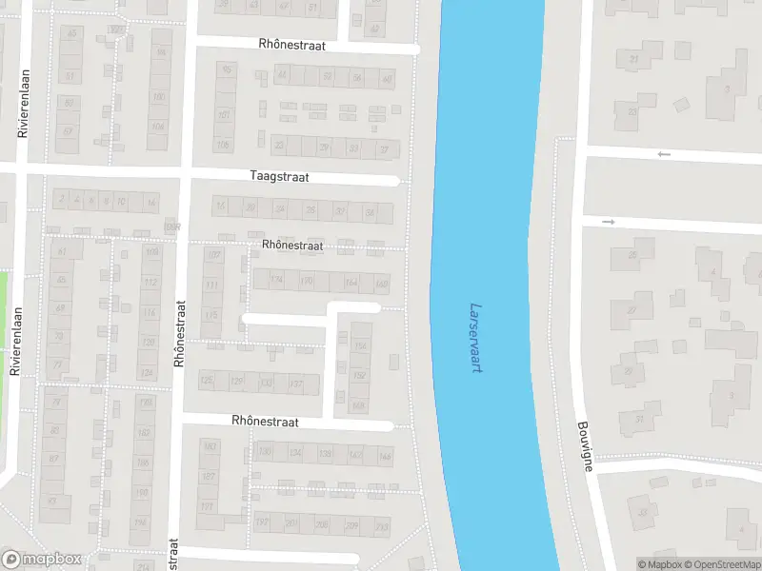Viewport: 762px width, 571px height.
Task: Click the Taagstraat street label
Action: [x=279, y=176]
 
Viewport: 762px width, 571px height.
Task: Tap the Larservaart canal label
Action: [x=475, y=338]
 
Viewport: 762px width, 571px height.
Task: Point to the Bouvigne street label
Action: [x=584, y=447]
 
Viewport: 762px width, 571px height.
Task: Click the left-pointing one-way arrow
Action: [x=664, y=154]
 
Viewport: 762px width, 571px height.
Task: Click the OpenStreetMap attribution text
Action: [x=720, y=564]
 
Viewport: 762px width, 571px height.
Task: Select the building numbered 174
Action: [x=277, y=280]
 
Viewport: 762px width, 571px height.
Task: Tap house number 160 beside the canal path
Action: [x=381, y=283]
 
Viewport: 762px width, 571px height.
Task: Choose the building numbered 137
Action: [x=295, y=384]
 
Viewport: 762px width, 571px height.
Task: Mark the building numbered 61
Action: [x=64, y=251]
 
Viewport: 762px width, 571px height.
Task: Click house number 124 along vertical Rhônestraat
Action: [x=147, y=372]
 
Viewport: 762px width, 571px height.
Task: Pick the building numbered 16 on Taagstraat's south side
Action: [x=150, y=203]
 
